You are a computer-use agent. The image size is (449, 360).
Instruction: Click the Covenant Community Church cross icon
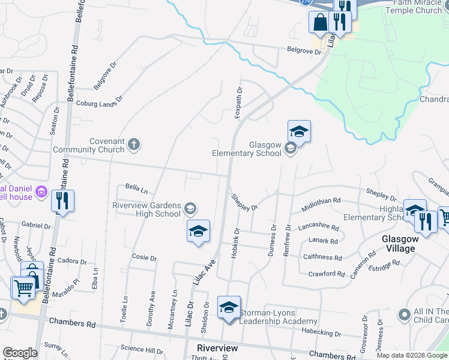click(x=133, y=144)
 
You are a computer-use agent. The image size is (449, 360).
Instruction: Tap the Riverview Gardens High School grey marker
click(x=190, y=208)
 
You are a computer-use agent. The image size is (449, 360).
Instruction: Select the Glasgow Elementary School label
click(x=247, y=149)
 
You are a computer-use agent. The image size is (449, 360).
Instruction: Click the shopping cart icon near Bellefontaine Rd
click(x=23, y=287)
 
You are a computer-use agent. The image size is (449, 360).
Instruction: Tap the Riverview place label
click(x=217, y=348)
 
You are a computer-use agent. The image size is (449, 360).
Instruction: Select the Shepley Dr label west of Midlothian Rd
click(x=245, y=201)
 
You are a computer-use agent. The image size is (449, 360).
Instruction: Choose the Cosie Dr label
click(x=144, y=257)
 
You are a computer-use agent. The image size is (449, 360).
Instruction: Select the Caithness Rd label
click(x=322, y=257)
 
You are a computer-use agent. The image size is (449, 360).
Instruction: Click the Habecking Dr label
click(x=321, y=334)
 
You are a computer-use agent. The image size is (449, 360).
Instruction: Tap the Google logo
click(x=20, y=353)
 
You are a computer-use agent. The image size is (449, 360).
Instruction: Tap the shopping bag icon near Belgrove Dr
click(x=319, y=22)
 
